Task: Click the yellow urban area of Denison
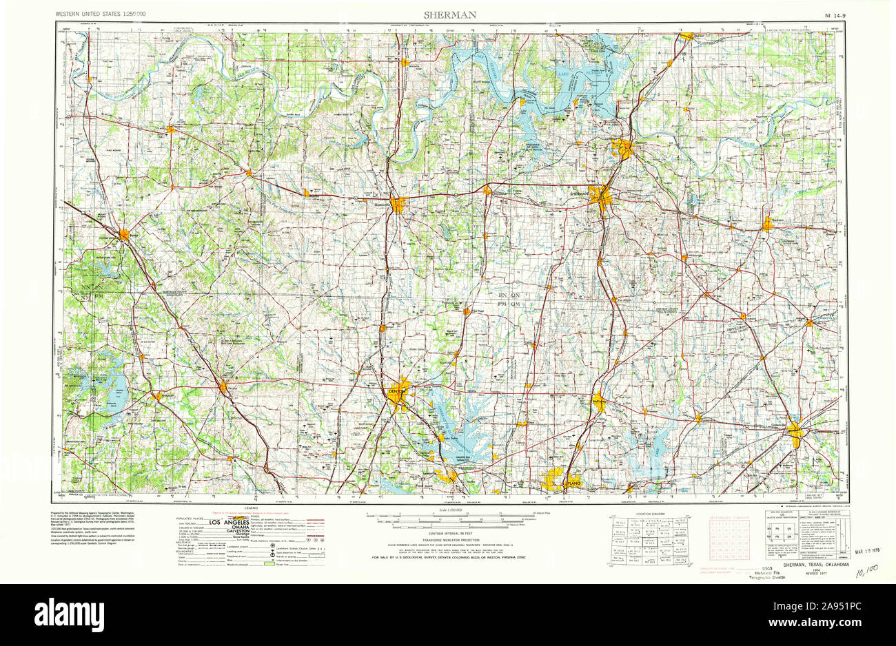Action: pyautogui.click(x=624, y=149)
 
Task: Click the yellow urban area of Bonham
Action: pyautogui.click(x=768, y=222)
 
